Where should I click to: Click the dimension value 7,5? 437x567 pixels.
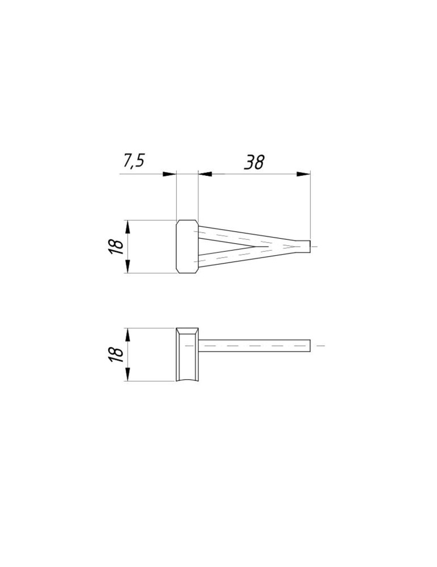coord(134,161)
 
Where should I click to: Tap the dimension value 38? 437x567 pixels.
coord(254,162)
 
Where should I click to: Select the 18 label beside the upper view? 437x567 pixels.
coord(116,247)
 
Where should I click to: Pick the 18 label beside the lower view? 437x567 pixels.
coord(116,353)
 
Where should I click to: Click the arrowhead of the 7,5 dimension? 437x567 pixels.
coord(169,174)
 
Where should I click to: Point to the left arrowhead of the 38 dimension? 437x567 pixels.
coord(205,174)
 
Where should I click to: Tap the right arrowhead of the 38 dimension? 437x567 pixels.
coord(304,174)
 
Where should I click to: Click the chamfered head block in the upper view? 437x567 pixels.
coord(187,247)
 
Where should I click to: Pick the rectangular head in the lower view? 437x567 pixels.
coord(187,354)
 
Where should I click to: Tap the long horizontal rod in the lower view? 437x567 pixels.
coord(255,345)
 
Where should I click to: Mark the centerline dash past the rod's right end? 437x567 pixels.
coord(320,345)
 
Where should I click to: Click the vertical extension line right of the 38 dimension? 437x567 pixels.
coord(311,204)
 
